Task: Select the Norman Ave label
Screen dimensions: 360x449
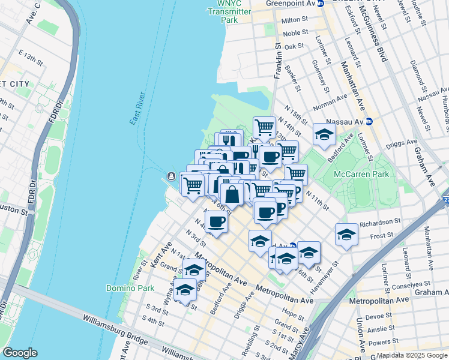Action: point(330,101)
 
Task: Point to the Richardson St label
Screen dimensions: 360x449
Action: point(381,224)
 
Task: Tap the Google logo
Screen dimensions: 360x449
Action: point(20,353)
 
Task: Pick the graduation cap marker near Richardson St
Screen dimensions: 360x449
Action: point(346,235)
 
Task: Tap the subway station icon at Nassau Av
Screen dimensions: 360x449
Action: point(369,121)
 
